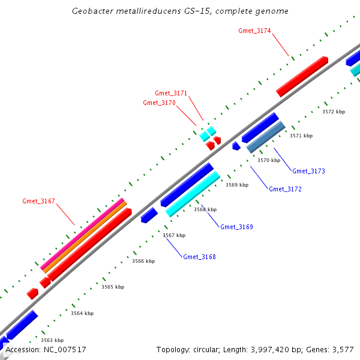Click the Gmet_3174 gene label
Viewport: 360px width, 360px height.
254,30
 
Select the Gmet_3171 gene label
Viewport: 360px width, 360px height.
171,93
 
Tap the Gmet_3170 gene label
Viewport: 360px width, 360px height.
159,103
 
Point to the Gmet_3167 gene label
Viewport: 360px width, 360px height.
38,201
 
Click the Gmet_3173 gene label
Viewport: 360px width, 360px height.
308,171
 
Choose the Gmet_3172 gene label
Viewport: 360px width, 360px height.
285,189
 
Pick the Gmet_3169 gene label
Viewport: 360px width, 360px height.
236,227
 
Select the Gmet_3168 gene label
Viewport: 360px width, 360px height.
199,257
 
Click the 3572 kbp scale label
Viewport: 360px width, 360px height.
334,112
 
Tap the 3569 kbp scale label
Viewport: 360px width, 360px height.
237,185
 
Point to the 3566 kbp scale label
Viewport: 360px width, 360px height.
143,261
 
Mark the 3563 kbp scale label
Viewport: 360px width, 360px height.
52,340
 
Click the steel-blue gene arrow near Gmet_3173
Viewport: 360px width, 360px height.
266,137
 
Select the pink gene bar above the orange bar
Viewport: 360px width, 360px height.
83,234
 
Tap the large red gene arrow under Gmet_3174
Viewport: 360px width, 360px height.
302,76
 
